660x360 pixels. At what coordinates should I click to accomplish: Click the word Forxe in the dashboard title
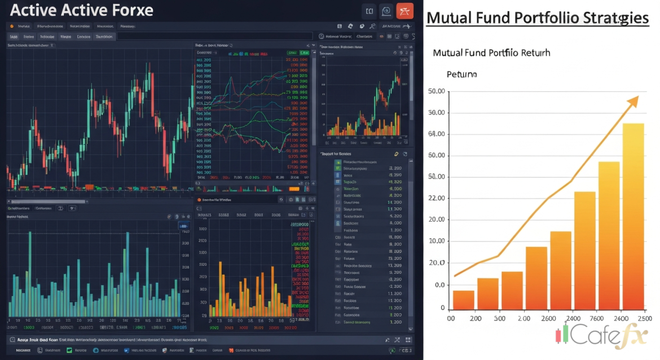click(131, 10)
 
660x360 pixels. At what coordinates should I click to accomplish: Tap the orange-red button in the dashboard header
click(404, 11)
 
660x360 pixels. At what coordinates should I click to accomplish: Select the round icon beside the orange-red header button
click(386, 11)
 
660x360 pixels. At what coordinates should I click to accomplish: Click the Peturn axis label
click(461, 74)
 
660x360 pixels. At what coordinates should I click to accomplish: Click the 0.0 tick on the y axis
click(439, 285)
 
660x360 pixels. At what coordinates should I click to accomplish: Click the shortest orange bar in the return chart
click(464, 300)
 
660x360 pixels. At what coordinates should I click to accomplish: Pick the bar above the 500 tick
click(512, 291)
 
